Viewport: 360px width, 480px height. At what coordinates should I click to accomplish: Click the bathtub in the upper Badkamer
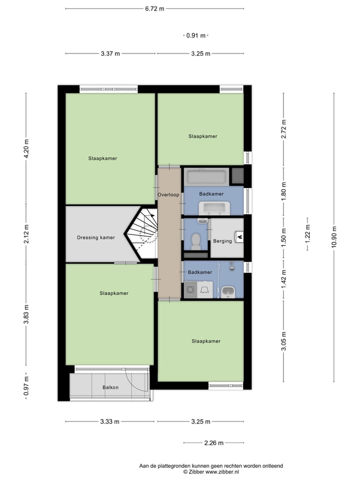(x=206, y=176)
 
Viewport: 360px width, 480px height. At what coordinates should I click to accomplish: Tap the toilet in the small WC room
(x=196, y=241)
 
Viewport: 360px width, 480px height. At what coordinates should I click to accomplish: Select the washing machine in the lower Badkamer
(x=190, y=289)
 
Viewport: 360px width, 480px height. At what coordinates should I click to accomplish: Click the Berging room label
(x=222, y=241)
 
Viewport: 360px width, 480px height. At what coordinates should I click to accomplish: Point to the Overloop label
(x=168, y=194)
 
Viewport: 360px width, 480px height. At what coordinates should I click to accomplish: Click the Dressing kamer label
(x=96, y=237)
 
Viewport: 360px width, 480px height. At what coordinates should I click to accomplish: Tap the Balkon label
(x=110, y=387)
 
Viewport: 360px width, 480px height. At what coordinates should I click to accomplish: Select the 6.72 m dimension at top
(x=154, y=8)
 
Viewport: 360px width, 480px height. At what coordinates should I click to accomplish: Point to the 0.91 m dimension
(x=195, y=35)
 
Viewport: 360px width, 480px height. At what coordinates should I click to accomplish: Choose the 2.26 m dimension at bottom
(x=213, y=442)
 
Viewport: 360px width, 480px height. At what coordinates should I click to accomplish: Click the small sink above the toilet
(x=202, y=220)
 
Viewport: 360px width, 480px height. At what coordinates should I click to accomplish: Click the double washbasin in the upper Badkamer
(x=214, y=207)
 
